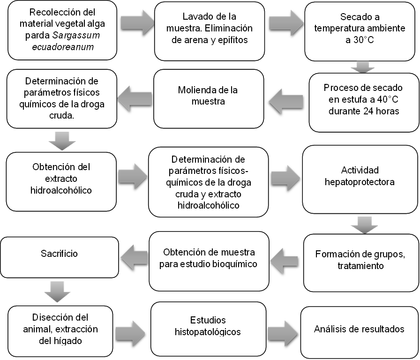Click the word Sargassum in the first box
click(76, 35)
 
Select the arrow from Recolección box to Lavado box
click(137, 23)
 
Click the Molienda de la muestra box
click(209, 99)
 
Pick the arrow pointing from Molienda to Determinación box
click(135, 98)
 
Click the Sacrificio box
click(60, 257)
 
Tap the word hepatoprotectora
click(360, 182)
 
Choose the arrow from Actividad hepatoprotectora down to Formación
click(364, 225)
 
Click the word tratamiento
click(360, 266)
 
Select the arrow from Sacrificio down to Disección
click(57, 292)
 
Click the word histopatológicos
click(208, 332)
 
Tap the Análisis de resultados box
click(360, 332)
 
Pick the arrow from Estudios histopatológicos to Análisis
click(282, 333)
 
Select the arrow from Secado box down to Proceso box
click(362, 67)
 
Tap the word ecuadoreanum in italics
click(63, 47)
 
